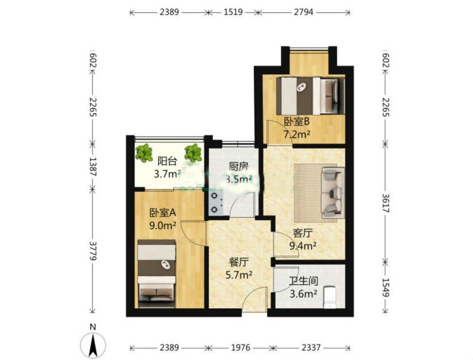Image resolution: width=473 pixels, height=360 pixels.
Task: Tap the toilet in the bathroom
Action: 330,297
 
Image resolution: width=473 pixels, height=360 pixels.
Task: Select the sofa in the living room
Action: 333,193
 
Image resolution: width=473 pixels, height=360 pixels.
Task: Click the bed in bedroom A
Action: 156,273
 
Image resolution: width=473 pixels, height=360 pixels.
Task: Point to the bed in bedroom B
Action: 310,96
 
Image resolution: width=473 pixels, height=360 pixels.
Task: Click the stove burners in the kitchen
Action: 214,203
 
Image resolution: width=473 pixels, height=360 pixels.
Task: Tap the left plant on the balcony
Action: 144,153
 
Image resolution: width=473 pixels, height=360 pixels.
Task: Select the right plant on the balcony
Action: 193,153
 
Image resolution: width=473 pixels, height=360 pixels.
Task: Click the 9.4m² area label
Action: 303,246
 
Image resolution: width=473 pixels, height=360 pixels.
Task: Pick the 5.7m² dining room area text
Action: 239,275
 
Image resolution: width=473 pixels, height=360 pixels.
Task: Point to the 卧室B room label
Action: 297,122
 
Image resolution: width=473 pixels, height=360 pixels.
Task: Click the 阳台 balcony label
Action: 167,161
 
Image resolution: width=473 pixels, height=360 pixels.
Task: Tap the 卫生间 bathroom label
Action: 303,281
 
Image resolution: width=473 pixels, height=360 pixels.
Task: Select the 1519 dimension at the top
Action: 233,12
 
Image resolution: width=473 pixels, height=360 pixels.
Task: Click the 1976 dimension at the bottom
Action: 240,348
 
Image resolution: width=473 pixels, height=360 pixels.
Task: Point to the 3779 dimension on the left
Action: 93,251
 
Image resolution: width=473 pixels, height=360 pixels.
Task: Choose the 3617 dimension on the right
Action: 386,203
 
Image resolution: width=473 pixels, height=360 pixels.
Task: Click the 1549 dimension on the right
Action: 386,287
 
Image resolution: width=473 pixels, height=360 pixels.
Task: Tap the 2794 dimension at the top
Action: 303,12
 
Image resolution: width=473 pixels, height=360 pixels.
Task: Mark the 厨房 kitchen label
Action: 239,167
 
